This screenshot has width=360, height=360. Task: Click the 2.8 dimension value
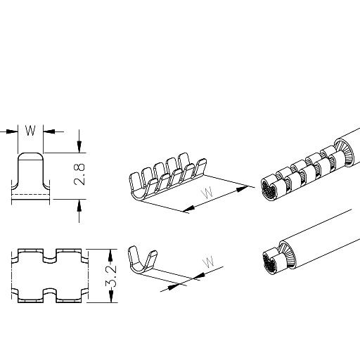[79, 174]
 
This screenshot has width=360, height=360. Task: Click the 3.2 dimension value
[111, 276]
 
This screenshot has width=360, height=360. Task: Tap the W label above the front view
[30, 131]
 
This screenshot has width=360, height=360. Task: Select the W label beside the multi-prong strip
[207, 193]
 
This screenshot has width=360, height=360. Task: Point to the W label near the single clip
[209, 262]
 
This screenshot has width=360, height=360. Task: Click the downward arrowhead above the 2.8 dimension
[79, 147]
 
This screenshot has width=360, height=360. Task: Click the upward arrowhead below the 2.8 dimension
[79, 205]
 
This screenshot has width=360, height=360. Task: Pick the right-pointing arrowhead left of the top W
[12, 131]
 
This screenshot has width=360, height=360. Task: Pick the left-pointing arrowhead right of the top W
[49, 131]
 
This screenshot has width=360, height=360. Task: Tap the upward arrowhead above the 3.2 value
[111, 255]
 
